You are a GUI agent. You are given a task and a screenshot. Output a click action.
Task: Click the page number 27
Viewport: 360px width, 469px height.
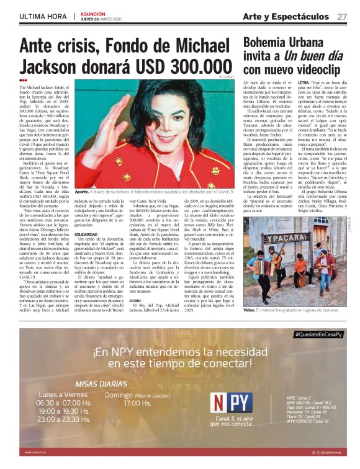342,16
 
